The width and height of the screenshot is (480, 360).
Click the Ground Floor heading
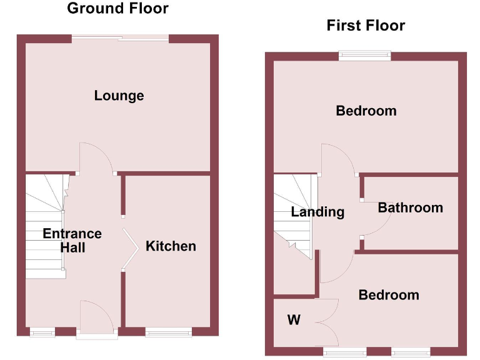click(x=117, y=9)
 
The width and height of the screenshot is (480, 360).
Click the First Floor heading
click(x=366, y=26)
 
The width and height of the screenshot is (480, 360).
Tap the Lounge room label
click(x=119, y=96)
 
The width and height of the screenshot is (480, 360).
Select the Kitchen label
click(x=171, y=246)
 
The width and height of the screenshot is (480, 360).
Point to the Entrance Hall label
click(x=72, y=241)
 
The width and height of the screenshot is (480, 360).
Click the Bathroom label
click(x=410, y=208)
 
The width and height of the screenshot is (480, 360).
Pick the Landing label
click(x=317, y=212)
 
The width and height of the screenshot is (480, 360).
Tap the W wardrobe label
click(x=293, y=321)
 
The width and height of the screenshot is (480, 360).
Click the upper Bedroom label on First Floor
click(x=366, y=111)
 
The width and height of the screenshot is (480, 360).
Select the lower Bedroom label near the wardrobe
click(x=388, y=295)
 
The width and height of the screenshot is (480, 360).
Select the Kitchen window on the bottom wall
click(x=169, y=332)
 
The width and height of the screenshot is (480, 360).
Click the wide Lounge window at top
click(x=121, y=39)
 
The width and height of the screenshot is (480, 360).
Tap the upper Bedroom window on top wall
click(x=365, y=56)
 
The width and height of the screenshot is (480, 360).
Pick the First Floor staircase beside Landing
click(x=292, y=216)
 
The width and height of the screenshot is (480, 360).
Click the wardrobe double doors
click(x=327, y=322)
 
